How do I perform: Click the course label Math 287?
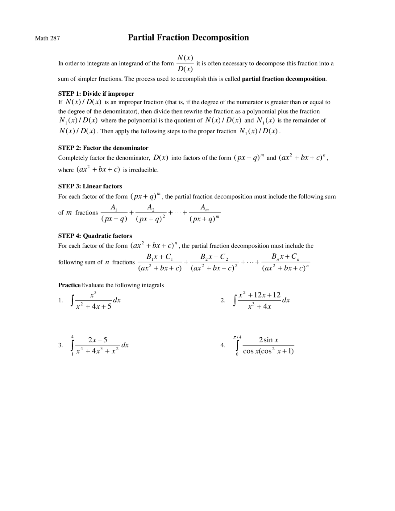tap(47, 38)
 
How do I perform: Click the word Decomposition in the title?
tap(220, 38)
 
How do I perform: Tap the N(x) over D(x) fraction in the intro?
tap(185, 63)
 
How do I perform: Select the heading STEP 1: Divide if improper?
tap(96, 93)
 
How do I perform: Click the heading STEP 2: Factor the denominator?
tap(103, 148)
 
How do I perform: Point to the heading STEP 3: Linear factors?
tap(90, 186)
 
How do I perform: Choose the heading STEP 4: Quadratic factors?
tap(95, 236)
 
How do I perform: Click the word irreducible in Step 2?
tap(143, 170)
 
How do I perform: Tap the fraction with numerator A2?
tap(151, 213)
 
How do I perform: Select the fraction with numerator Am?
tap(205, 213)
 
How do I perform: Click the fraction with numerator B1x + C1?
tap(160, 262)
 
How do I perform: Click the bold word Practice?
tap(69, 285)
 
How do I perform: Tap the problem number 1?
tap(60, 300)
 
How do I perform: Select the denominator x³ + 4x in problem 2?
tap(260, 307)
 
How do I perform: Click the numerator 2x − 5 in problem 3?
tap(98, 340)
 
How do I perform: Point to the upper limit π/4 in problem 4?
tap(238, 337)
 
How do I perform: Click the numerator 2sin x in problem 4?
tap(268, 340)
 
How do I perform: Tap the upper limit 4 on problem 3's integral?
tap(72, 337)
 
